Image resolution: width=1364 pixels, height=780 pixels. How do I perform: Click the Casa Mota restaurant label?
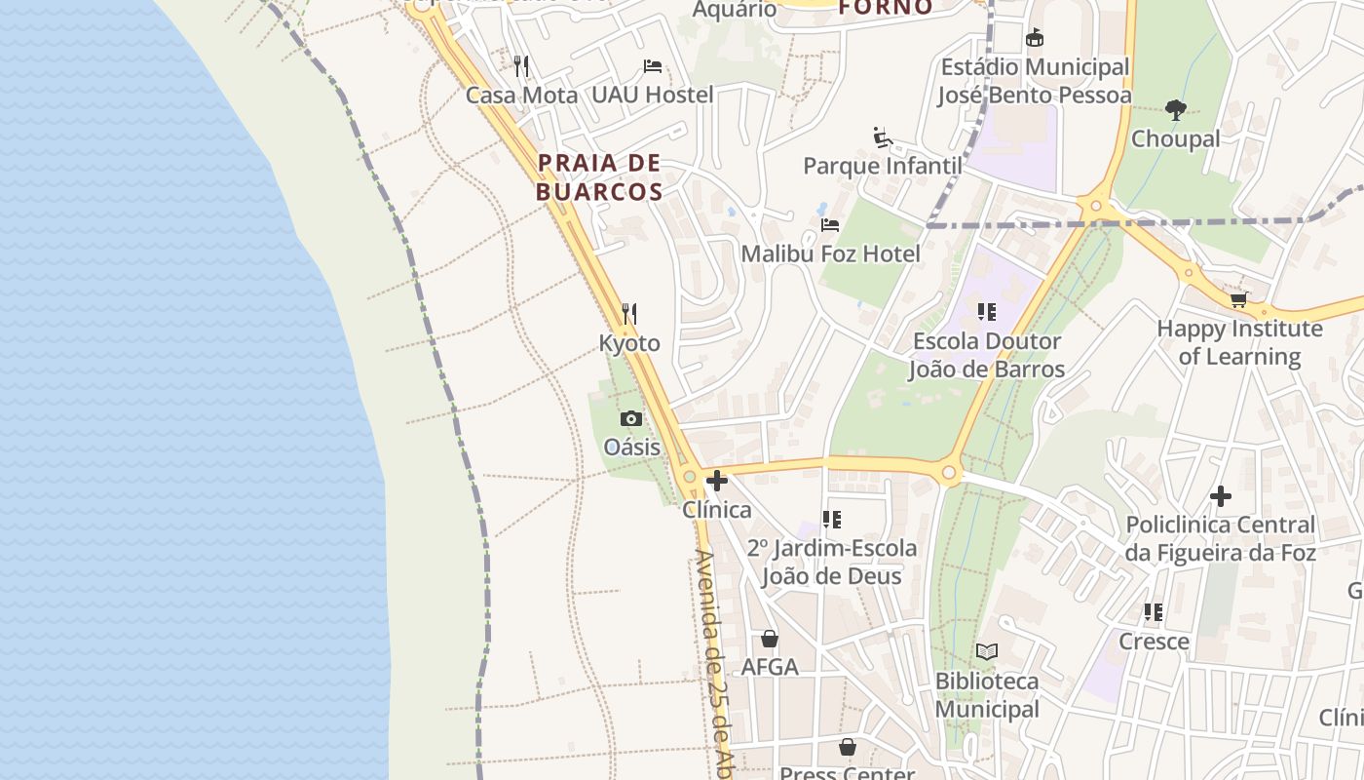click(x=521, y=95)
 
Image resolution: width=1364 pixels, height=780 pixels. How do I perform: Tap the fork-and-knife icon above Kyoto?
click(x=629, y=314)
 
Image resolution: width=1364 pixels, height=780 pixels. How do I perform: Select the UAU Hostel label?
click(x=652, y=95)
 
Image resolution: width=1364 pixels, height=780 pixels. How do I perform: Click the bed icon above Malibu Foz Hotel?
click(x=830, y=225)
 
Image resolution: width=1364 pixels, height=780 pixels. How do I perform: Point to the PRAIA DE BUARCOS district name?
click(x=599, y=177)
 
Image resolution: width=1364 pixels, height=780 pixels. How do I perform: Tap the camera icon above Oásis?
click(x=631, y=419)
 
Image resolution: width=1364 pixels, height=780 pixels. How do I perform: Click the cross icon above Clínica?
click(x=717, y=481)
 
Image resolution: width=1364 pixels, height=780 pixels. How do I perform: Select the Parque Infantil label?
click(x=882, y=166)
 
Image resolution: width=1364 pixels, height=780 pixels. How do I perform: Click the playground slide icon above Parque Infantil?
click(x=883, y=137)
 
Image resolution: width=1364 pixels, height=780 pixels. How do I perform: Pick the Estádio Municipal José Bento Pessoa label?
click(x=1034, y=81)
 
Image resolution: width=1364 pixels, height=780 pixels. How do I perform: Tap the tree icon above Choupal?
click(x=1176, y=110)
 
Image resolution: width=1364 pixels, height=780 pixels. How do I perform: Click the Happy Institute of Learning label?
click(x=1239, y=342)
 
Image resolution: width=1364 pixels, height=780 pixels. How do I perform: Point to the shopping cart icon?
click(x=1238, y=300)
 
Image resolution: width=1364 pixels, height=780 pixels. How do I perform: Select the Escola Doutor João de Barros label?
click(x=986, y=356)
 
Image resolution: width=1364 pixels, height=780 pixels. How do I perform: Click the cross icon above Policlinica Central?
click(x=1220, y=496)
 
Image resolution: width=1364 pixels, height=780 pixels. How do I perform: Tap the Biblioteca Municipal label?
click(x=987, y=695)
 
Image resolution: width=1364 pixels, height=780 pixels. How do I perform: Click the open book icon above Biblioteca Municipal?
click(x=987, y=651)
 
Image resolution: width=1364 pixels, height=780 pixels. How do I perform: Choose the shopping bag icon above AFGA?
click(x=770, y=639)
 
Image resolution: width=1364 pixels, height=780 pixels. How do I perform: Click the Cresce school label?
click(x=1154, y=642)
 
